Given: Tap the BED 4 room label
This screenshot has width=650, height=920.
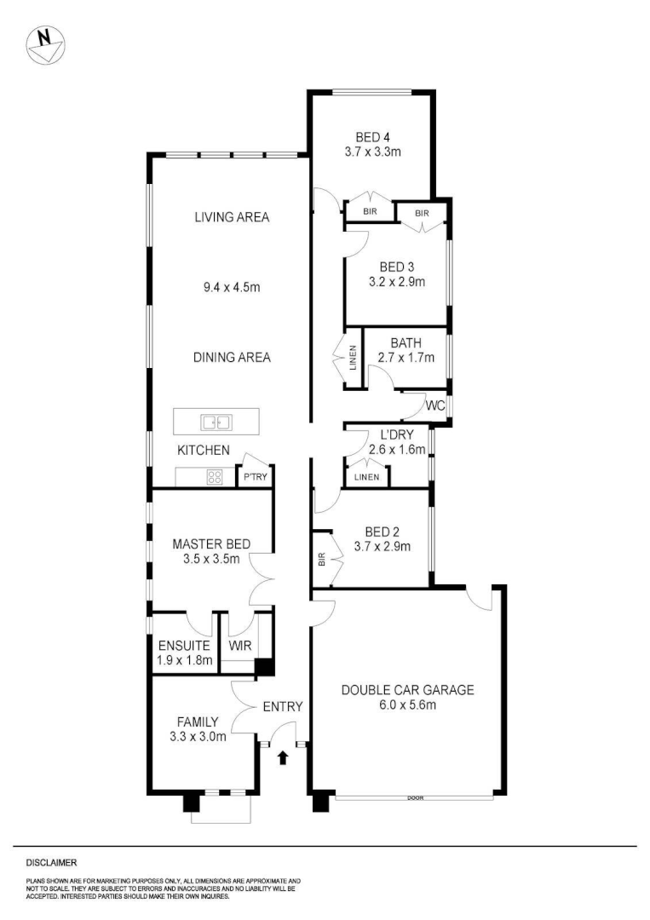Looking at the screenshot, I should tap(372, 137).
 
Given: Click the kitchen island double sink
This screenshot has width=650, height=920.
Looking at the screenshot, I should tap(216, 422).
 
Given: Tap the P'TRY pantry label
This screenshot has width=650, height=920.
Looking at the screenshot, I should tap(256, 478).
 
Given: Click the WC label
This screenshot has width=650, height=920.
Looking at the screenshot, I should tap(435, 405).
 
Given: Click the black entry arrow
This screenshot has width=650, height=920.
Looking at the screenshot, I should tap(284, 757).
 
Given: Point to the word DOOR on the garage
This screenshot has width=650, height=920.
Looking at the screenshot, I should tap(415, 798).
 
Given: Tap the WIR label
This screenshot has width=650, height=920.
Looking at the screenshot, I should tap(239, 645).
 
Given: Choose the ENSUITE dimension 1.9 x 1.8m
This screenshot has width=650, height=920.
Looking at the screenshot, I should tap(185, 659).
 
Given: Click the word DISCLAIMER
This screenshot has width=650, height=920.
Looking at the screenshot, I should tap(51, 862).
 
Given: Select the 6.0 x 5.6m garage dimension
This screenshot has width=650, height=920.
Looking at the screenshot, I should tap(407, 704).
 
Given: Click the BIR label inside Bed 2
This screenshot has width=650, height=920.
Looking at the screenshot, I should tap(321, 561).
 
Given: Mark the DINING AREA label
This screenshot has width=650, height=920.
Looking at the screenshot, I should tap(232, 358).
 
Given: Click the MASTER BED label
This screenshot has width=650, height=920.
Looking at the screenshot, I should tap(210, 544).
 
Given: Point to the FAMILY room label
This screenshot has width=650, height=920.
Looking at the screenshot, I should tap(198, 721).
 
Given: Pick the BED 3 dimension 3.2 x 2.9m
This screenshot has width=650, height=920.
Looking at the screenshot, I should tap(397, 281).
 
